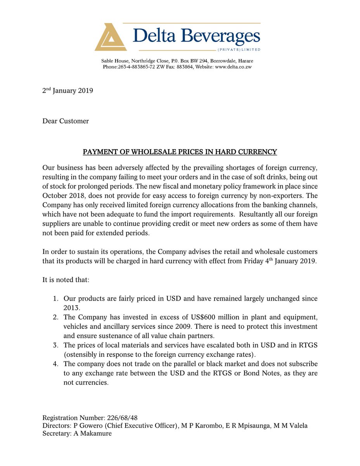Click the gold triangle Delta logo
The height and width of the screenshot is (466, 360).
tap(111, 37)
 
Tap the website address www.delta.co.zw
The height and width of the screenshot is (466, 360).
tap(234, 67)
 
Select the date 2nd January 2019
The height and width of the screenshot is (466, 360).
tap(67, 91)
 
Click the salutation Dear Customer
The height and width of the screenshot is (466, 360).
tap(66, 121)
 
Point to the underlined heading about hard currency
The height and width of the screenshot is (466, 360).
tap(180, 152)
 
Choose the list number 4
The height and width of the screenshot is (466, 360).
tap(56, 364)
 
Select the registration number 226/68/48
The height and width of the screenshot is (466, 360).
tap(121, 418)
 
